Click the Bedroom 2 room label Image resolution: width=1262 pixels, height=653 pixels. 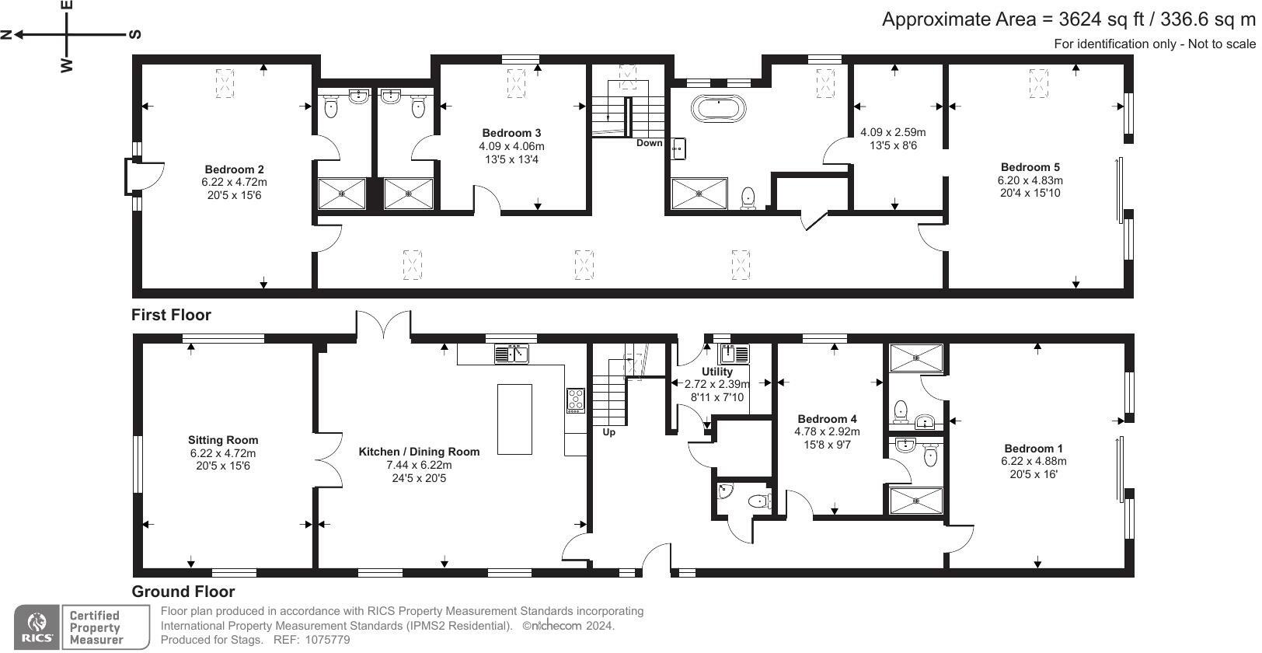click(234, 169)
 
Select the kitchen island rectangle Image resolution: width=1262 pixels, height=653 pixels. click(514, 419)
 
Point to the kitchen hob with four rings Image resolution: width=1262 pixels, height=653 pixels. click(576, 400)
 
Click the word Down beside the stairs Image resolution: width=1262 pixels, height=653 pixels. click(650, 143)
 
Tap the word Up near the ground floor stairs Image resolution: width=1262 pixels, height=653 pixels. click(609, 432)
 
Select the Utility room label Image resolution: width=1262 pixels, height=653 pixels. click(716, 372)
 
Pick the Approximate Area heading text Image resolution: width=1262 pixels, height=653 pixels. click(1068, 19)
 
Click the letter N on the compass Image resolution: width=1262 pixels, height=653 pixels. click(7, 34)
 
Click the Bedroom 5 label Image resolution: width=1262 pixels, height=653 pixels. click(1030, 167)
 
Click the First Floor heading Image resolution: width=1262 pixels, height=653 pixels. click(171, 315)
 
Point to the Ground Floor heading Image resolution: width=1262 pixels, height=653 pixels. click(183, 592)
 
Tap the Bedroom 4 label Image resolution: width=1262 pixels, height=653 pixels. click(827, 419)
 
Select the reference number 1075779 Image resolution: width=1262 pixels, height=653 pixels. click(329, 640)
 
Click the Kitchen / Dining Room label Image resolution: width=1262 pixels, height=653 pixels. click(419, 452)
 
